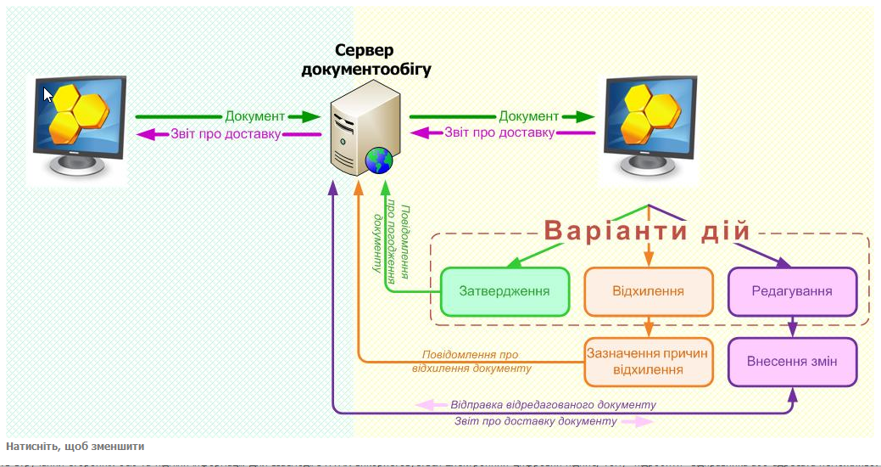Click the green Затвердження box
coord(504,291)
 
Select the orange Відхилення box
coord(648,291)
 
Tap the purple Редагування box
coord(792,291)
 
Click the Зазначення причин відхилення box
coord(648,362)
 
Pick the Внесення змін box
coord(792,362)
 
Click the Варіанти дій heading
coord(648,231)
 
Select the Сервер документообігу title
coord(365,59)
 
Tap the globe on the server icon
coord(378,159)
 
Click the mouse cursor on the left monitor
coord(48,93)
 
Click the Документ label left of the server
coord(254,116)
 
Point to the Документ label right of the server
coord(528,116)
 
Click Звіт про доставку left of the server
coord(226,133)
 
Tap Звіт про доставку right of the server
coord(499,133)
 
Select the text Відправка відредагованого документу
coord(553,405)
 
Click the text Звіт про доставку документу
coord(536,421)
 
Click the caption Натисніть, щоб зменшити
coord(75,447)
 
